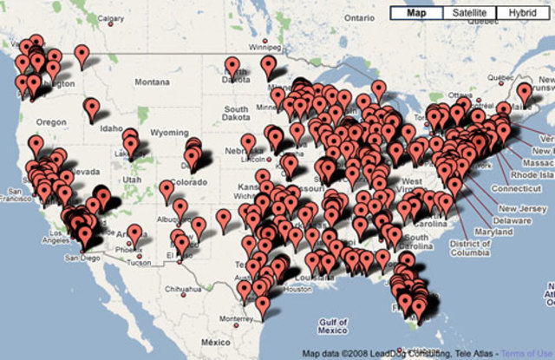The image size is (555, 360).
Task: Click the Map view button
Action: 417,13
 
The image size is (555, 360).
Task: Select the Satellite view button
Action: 470,13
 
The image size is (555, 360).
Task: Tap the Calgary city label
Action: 112,17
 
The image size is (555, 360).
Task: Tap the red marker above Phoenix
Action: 134,234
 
